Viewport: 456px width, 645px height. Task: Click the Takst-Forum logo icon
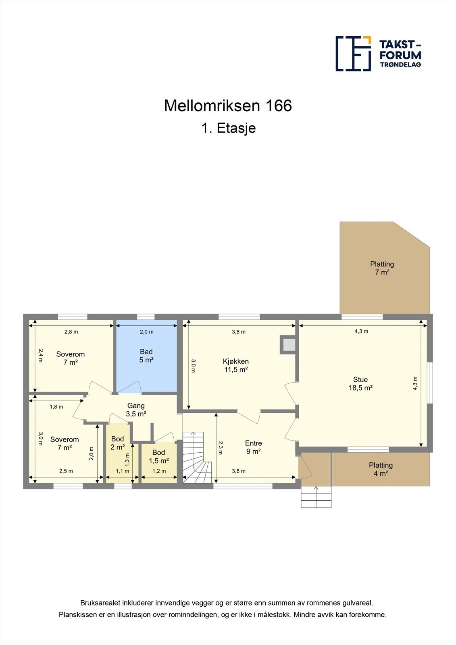click(353, 54)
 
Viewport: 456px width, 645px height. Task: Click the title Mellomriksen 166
click(228, 106)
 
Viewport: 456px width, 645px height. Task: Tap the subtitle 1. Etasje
click(229, 128)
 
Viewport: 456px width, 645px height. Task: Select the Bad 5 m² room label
click(146, 356)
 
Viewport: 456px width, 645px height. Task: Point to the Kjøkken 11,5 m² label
click(236, 365)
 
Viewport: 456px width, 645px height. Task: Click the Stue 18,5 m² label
click(360, 384)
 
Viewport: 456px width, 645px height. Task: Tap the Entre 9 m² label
click(253, 447)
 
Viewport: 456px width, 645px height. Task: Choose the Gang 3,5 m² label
click(136, 410)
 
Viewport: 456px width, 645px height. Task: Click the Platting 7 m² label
click(382, 268)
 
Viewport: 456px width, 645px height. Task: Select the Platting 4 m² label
click(381, 469)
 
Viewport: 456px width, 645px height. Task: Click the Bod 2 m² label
click(117, 443)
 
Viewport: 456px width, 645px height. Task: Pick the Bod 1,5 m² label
click(158, 456)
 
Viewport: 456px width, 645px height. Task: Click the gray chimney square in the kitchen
click(289, 345)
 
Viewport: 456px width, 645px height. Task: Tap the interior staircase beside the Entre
click(196, 458)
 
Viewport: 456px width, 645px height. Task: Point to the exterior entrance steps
click(316, 497)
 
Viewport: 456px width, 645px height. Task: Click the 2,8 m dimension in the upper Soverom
click(71, 332)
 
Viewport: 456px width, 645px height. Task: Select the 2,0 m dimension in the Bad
click(146, 332)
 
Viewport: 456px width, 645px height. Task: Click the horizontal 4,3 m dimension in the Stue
click(361, 331)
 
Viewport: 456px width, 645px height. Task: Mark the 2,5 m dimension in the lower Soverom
click(66, 471)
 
